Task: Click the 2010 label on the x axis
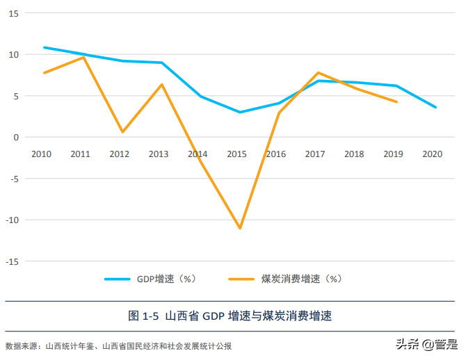(x=41, y=154)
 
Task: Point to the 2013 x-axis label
(x=159, y=154)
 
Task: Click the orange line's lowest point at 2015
(x=240, y=228)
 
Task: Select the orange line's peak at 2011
(x=83, y=57)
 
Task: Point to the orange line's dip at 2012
(x=122, y=132)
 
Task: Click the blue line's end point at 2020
(x=436, y=107)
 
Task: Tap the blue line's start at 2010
(x=44, y=47)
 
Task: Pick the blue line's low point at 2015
(x=240, y=112)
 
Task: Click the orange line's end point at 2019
(x=396, y=101)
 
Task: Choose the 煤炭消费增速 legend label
(x=301, y=279)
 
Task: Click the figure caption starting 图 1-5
(x=230, y=316)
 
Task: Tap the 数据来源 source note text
(x=118, y=345)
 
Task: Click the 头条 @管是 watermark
(x=426, y=344)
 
